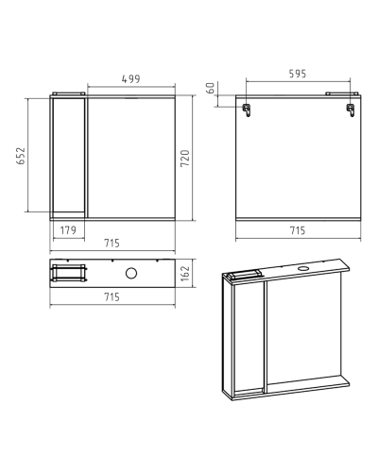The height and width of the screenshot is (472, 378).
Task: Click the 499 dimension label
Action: [x=131, y=78]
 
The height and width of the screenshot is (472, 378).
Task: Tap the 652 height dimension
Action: [x=21, y=156]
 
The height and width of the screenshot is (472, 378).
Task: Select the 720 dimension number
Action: [x=185, y=159]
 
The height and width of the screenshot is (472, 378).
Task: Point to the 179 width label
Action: [x=68, y=230]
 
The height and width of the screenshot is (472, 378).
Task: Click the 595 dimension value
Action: [x=298, y=74]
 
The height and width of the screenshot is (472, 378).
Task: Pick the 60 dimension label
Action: [x=211, y=88]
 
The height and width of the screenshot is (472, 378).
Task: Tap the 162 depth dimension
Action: [x=185, y=273]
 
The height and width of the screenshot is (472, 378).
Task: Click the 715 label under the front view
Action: [x=112, y=243]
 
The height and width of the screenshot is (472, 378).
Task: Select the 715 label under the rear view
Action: [x=298, y=230]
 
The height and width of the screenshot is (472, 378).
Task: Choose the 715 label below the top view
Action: [x=112, y=296]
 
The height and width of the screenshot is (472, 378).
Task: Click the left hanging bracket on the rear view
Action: [x=247, y=110]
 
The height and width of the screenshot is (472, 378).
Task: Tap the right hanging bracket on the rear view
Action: [x=351, y=110]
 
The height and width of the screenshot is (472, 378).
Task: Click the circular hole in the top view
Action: [x=131, y=273]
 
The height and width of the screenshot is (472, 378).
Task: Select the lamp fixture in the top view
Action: [x=69, y=273]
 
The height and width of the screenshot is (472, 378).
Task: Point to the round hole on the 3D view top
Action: [x=303, y=268]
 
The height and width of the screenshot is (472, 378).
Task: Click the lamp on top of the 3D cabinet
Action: [x=243, y=275]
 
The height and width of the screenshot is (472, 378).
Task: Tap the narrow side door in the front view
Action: [x=69, y=155]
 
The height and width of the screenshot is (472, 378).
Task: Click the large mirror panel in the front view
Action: [x=131, y=158]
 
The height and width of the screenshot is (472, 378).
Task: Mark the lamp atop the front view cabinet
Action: [x=69, y=93]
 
